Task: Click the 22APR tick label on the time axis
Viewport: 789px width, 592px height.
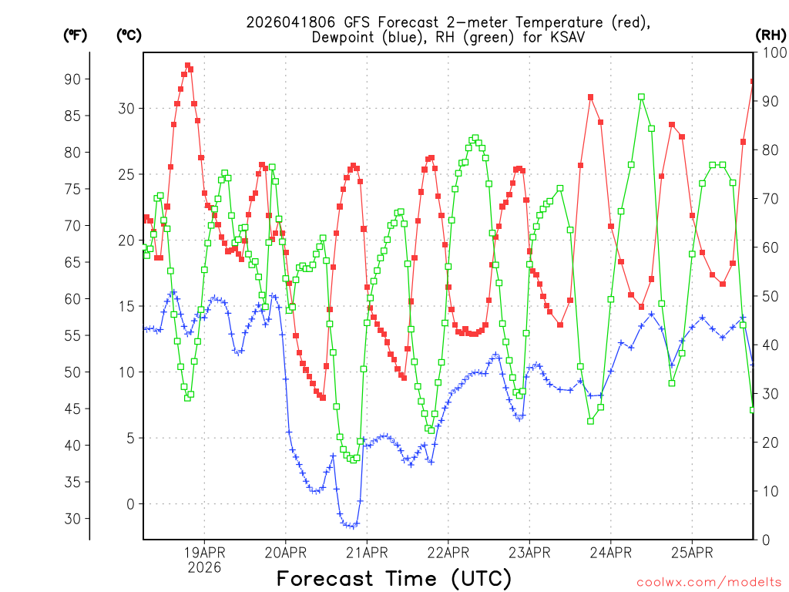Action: (x=448, y=552)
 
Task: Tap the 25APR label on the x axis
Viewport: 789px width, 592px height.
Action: (x=691, y=552)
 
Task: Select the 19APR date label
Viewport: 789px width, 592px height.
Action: (x=204, y=552)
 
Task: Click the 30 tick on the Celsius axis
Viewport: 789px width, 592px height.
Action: (x=126, y=109)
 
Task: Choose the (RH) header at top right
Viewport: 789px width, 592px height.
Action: (x=771, y=35)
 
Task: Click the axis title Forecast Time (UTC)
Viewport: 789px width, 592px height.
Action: (x=394, y=578)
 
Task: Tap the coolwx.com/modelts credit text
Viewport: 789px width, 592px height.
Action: (x=709, y=582)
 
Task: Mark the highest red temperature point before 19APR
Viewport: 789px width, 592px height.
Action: (x=187, y=66)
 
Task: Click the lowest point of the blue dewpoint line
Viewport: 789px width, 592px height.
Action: (x=353, y=526)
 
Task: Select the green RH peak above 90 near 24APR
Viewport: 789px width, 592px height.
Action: (x=641, y=97)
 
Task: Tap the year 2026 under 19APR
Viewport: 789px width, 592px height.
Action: (x=204, y=567)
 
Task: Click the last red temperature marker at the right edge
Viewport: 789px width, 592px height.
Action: (x=753, y=81)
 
